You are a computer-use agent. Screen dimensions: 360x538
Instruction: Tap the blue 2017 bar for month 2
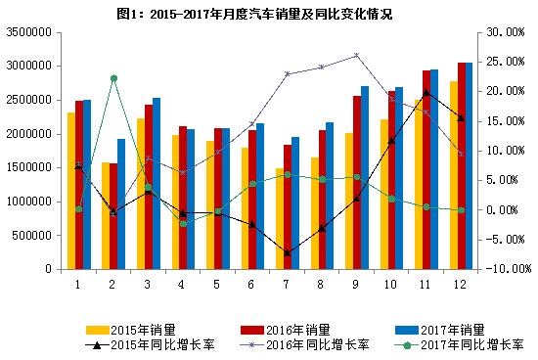click(x=121, y=203)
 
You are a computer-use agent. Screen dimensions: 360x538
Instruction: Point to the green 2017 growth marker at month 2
click(x=113, y=78)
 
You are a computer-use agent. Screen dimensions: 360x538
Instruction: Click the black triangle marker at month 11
click(x=426, y=92)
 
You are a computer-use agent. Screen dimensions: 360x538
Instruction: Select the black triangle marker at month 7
click(x=288, y=253)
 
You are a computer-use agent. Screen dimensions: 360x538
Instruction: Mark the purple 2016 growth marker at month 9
click(x=356, y=55)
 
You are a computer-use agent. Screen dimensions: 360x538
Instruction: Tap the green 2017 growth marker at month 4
click(x=183, y=223)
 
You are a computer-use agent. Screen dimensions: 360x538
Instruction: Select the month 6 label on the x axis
click(x=252, y=283)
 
